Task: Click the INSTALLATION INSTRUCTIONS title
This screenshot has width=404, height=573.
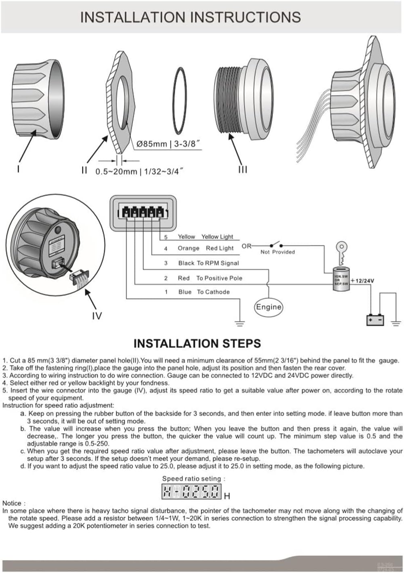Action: tap(190, 17)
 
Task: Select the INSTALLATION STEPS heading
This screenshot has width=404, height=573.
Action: tap(197, 343)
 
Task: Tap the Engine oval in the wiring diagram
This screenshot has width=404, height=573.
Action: tap(268, 307)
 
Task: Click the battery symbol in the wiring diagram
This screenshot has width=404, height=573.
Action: tap(375, 320)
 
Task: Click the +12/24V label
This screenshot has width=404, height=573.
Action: tap(362, 280)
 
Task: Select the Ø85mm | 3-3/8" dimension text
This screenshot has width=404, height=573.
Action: tap(168, 144)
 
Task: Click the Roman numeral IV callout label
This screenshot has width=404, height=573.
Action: tap(97, 316)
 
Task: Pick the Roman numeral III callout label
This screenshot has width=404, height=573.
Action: tap(242, 170)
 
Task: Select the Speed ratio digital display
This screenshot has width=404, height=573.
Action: tap(192, 491)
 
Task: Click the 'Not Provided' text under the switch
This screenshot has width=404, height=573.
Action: tap(278, 252)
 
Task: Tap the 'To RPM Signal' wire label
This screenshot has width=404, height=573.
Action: tap(218, 263)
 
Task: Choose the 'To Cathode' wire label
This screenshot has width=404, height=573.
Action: tap(213, 292)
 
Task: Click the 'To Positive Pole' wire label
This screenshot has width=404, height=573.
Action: tap(219, 278)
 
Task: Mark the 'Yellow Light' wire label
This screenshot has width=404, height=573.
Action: tap(217, 237)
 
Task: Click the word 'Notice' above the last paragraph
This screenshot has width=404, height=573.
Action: tap(13, 503)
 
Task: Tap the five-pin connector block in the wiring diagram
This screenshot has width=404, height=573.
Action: tap(143, 212)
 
